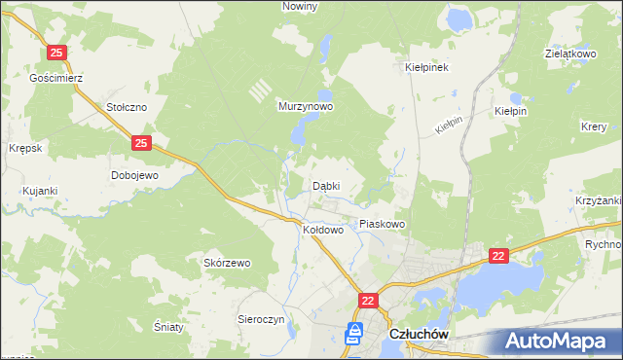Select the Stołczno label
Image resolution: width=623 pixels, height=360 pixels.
(x=127, y=108)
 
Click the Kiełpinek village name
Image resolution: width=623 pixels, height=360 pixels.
(x=426, y=68)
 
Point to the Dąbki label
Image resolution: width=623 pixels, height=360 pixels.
(x=326, y=185)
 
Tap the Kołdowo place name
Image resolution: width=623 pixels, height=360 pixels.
(x=324, y=231)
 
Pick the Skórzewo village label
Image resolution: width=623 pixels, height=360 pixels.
(x=227, y=263)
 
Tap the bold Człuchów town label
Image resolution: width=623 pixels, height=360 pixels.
(x=418, y=334)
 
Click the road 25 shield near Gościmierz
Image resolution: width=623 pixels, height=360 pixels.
(x=57, y=52)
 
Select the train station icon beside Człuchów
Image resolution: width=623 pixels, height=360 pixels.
(x=355, y=334)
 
